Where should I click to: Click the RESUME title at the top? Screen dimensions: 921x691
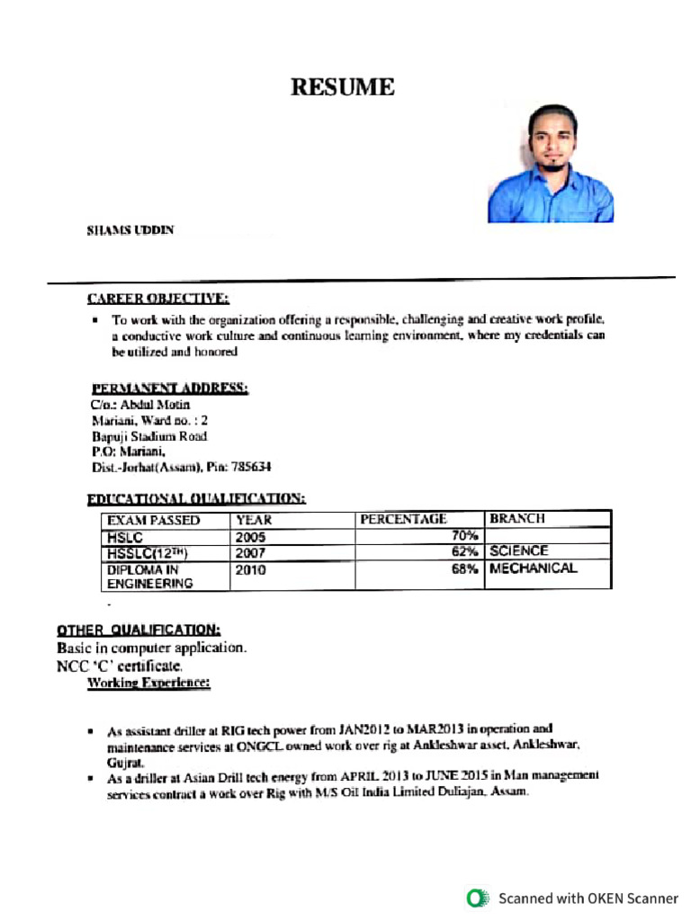click(x=342, y=87)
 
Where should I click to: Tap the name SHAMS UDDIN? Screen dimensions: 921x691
click(x=130, y=230)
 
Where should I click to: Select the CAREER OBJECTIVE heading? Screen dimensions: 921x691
click(x=157, y=299)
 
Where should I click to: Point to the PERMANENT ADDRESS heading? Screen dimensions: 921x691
click(x=169, y=389)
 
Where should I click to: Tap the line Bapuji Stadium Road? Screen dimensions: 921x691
click(x=149, y=436)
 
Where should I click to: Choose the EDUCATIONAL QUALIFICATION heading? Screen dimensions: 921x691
click(x=195, y=498)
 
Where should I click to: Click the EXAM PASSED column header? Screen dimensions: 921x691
click(x=153, y=520)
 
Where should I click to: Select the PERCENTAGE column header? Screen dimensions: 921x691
click(x=403, y=519)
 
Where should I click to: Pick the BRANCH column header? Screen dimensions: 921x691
click(x=517, y=519)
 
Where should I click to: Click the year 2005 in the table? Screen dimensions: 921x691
click(x=250, y=537)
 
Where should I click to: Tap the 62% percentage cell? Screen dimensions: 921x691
click(x=464, y=552)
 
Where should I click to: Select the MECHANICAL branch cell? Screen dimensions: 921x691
click(x=534, y=568)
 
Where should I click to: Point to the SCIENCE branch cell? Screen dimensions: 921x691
click(x=519, y=551)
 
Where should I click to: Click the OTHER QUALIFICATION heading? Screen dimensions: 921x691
click(x=139, y=630)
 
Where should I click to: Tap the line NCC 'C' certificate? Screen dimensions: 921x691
click(x=120, y=666)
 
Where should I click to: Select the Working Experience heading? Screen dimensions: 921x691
click(x=148, y=684)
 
